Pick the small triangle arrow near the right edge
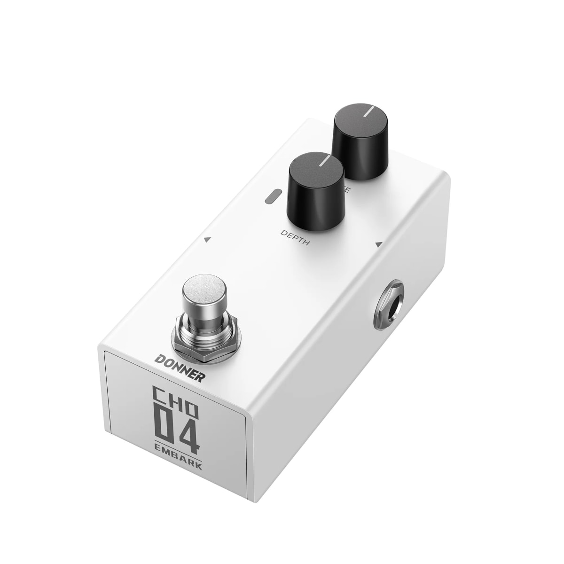pyautogui.click(x=378, y=244)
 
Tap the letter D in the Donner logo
pyautogui.click(x=160, y=361)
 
